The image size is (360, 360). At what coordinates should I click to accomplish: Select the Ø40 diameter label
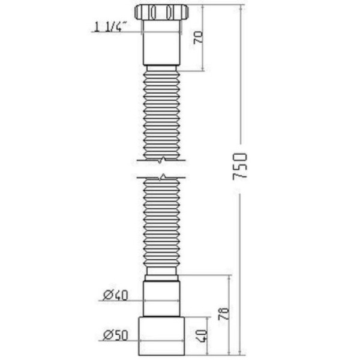(115, 295)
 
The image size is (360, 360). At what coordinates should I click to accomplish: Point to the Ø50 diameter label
(115, 334)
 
